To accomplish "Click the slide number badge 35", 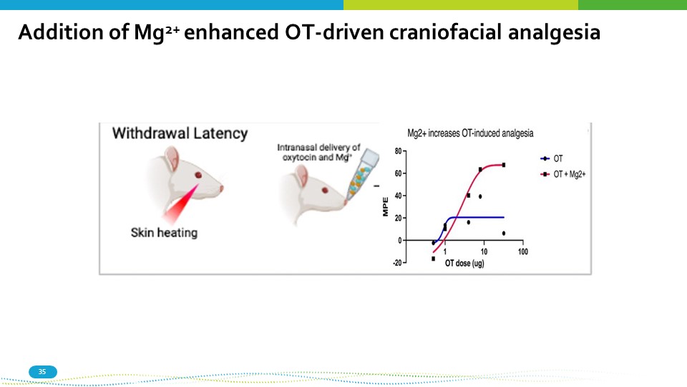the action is click(42, 372).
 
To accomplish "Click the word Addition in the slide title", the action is click(74, 32).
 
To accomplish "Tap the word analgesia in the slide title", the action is click(554, 33).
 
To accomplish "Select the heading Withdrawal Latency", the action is click(180, 133).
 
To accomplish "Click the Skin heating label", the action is click(165, 232).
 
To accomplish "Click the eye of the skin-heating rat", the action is click(198, 175).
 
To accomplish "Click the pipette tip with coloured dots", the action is click(361, 176).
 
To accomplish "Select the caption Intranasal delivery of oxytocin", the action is click(318, 152).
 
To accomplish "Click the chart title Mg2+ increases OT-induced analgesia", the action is click(470, 133).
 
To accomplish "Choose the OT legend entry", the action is click(552, 158).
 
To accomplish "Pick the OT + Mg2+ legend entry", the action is click(563, 174).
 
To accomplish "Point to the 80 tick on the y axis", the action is click(398, 151).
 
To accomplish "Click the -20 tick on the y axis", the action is click(397, 263).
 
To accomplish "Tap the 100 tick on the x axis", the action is click(522, 252).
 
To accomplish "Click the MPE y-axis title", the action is click(386, 206).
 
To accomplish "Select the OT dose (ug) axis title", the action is click(464, 263).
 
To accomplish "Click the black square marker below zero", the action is click(434, 259).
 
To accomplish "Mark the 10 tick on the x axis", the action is click(484, 252).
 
